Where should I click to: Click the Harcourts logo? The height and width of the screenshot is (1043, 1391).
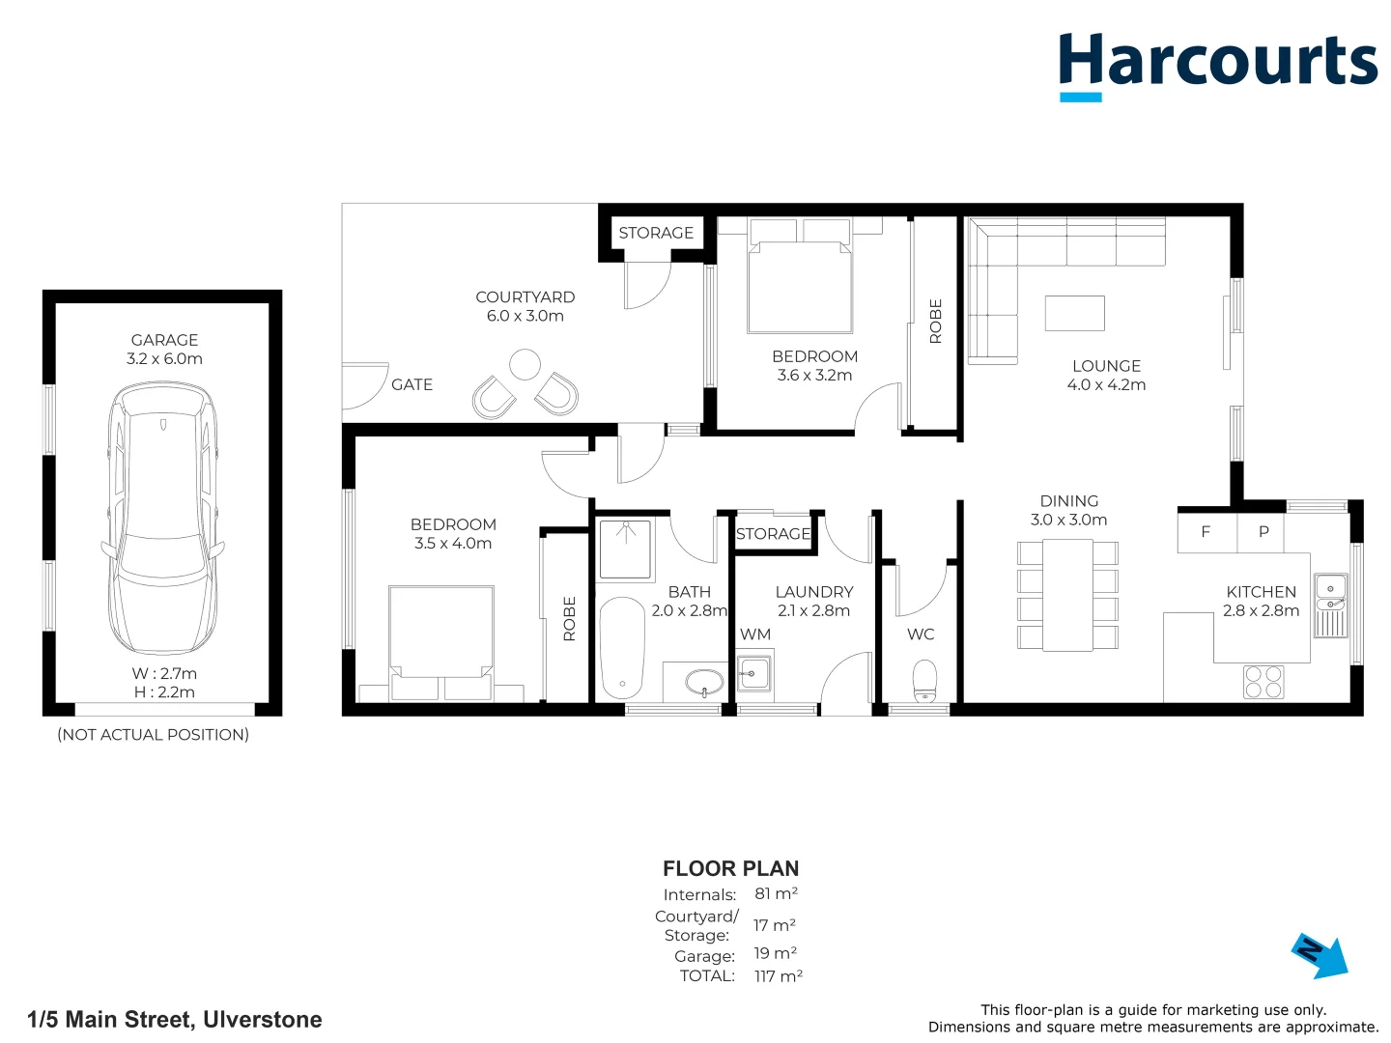(1217, 64)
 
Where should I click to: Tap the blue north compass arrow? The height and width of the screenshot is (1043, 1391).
(1320, 955)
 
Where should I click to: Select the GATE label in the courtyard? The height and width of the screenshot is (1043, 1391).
(412, 384)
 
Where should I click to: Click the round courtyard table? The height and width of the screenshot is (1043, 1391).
(525, 364)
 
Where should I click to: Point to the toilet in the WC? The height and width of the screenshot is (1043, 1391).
(924, 680)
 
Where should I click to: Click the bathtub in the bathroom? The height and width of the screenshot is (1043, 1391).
(621, 647)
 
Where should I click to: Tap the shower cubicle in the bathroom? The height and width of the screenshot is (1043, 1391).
(625, 550)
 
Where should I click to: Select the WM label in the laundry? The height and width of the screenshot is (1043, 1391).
(755, 634)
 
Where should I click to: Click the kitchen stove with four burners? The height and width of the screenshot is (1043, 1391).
(1263, 682)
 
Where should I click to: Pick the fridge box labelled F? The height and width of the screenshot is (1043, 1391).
(1206, 532)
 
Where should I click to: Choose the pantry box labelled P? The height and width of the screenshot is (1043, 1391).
(1263, 532)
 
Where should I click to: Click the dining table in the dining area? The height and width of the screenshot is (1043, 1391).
(1067, 594)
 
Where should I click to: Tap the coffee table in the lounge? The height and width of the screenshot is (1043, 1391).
(1074, 313)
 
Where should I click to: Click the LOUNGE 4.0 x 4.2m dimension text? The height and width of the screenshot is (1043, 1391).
(1106, 384)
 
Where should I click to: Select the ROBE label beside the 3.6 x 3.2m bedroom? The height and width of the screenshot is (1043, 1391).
(935, 321)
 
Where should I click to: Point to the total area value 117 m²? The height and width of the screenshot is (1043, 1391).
(778, 976)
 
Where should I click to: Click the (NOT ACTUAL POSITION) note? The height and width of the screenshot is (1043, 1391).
(153, 735)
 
